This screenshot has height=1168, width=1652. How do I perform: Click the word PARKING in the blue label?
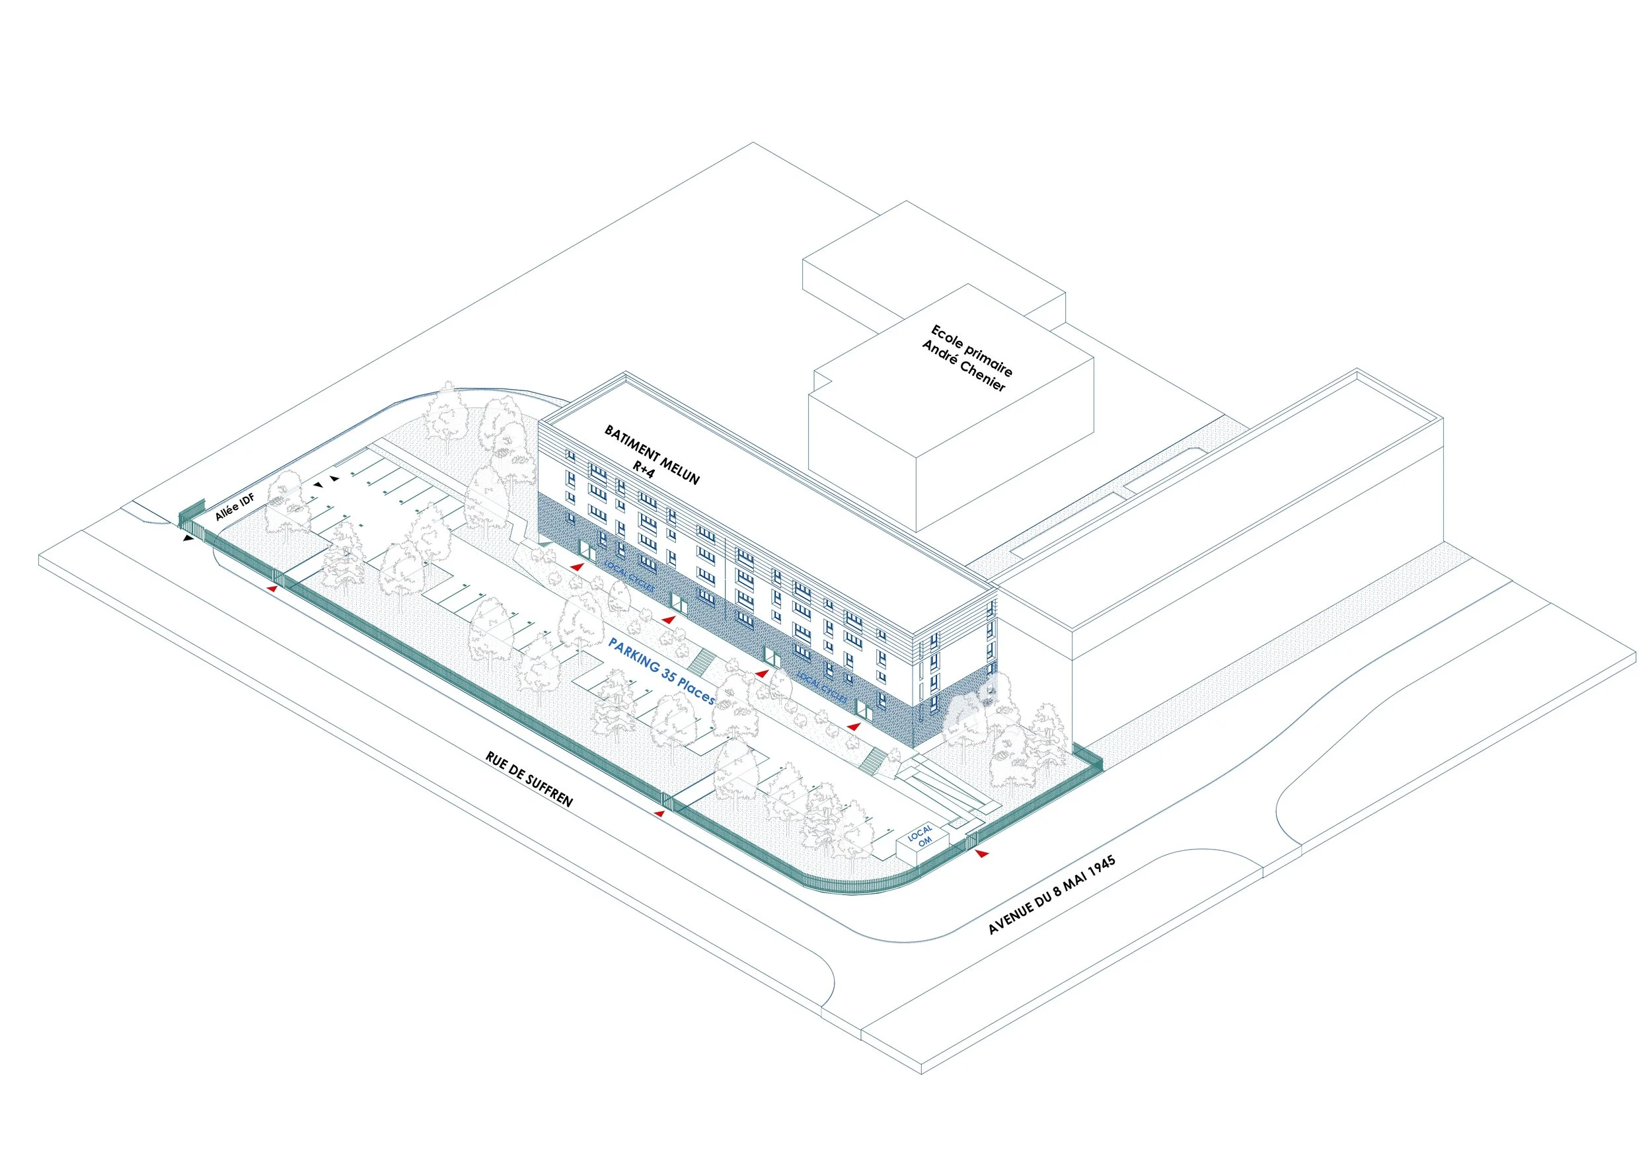point(634,655)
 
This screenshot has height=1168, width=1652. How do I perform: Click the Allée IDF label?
point(235,507)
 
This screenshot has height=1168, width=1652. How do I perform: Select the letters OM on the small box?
point(924,841)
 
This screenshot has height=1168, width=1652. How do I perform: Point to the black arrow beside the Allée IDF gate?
point(188,537)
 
